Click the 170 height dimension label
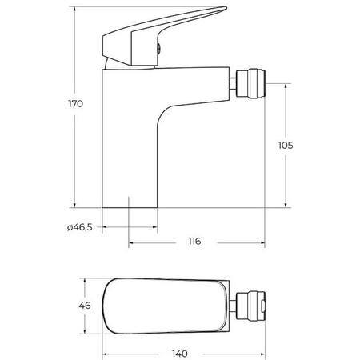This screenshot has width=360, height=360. click(x=76, y=103)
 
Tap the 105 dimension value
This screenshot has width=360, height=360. click(x=286, y=146)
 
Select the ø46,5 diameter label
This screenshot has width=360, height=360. click(x=80, y=227)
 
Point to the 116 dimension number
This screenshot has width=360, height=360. click(x=194, y=241)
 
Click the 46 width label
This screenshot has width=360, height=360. click(x=85, y=306)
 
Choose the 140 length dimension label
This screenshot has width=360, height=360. click(x=180, y=354)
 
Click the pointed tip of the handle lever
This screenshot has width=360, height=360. click(x=226, y=8)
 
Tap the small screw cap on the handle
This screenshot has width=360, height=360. click(x=158, y=48)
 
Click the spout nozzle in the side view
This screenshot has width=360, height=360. click(x=251, y=84)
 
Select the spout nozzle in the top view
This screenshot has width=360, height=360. click(x=251, y=306)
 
